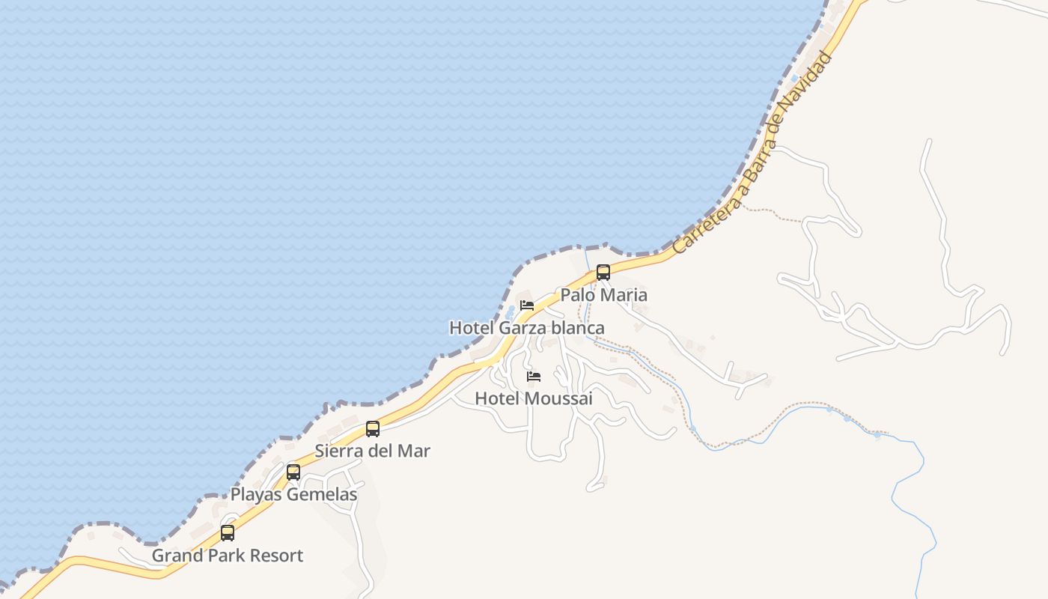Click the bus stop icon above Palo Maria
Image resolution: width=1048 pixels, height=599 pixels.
[x=603, y=273]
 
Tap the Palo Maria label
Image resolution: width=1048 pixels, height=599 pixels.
[x=603, y=295]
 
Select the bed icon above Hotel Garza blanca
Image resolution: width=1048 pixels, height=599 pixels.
[x=527, y=305]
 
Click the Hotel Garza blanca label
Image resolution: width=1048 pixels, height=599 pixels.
[x=526, y=328]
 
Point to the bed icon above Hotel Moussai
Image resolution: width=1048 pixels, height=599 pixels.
[x=534, y=376]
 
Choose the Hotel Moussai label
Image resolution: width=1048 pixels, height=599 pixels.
[x=534, y=398]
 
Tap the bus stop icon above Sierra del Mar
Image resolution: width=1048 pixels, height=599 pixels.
[x=373, y=429]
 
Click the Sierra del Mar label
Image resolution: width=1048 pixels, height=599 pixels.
[x=372, y=451]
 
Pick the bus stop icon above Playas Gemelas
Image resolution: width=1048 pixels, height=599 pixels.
[x=293, y=472]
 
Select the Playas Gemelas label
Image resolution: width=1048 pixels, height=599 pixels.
[x=293, y=495]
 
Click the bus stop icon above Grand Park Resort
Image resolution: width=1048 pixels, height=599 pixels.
[x=228, y=533]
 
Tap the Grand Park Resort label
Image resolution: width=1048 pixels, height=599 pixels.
[x=228, y=556]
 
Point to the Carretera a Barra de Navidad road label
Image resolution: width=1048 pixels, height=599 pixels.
[x=752, y=153]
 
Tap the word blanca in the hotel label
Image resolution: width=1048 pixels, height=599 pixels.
[x=577, y=328]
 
